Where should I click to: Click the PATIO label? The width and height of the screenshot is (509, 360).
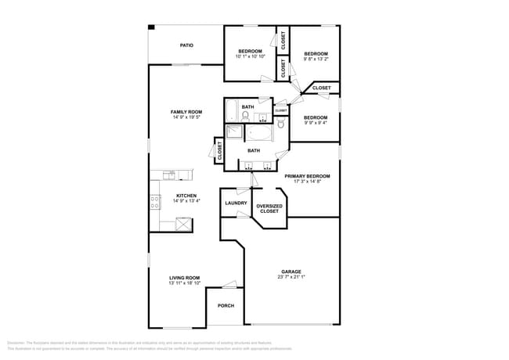[186, 45]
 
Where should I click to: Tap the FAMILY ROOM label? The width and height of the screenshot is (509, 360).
[186, 112]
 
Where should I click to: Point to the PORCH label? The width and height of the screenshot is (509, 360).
[226, 305]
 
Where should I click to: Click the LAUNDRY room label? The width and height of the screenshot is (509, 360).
[236, 203]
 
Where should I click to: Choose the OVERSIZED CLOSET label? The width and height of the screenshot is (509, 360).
[269, 208]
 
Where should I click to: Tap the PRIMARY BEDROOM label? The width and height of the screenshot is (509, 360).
[307, 176]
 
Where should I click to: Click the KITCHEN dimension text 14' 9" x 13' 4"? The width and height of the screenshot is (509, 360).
[186, 201]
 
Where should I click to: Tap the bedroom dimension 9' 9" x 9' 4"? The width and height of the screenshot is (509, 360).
[316, 122]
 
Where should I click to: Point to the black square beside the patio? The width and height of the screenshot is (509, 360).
[151, 28]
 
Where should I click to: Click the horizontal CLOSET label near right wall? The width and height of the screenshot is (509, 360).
[321, 88]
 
